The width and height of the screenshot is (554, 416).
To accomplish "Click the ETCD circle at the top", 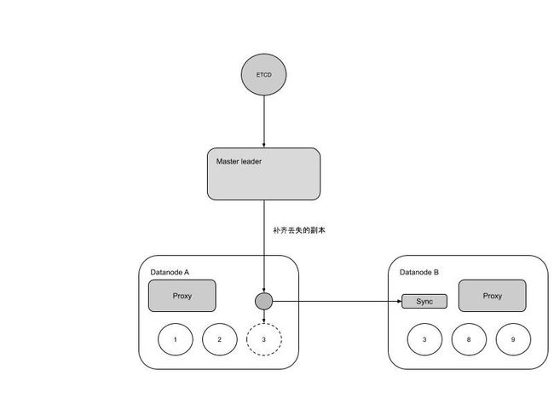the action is point(263,74).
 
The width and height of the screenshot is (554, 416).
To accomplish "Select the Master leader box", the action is point(263,174).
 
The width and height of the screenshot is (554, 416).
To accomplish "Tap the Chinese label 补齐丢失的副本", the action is point(299,230).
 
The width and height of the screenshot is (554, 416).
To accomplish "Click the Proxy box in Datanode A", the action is point(182,296).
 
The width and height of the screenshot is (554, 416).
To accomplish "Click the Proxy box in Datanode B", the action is point(492,296).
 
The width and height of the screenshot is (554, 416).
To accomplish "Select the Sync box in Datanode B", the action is point(424,302).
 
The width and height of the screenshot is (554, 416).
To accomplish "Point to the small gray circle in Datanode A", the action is point(263,302).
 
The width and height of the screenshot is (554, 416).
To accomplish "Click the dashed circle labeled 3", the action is point(264,339).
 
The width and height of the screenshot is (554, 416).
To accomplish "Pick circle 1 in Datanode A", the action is point(176,339).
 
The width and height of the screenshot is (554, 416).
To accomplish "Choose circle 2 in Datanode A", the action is point(219,339).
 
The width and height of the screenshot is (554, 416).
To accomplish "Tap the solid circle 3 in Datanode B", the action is point(424,339).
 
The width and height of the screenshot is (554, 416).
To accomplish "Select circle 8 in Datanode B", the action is point(469,339).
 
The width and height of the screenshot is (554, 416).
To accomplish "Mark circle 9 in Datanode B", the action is point(513,339).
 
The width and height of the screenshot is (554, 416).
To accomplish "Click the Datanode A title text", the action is point(170,272).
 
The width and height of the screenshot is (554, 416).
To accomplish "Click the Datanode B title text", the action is point(419,272).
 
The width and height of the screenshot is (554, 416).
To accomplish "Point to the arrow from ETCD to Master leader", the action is point(263,122).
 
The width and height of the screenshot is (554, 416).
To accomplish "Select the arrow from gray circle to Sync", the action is point(337,302).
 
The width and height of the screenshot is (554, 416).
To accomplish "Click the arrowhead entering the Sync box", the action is point(400,302).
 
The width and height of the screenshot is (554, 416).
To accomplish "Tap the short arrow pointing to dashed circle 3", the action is point(263,316).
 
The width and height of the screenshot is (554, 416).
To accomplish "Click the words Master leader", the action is point(239,161).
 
